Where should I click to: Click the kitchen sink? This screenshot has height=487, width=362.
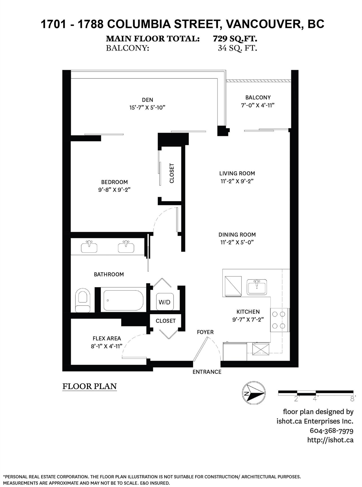point(257,287)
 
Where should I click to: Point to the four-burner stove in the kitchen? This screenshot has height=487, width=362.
point(279,320)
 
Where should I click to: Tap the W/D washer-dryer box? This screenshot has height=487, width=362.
point(164,302)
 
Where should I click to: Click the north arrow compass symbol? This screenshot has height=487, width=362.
point(254,393)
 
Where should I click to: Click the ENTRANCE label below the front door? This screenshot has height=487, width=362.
point(207,372)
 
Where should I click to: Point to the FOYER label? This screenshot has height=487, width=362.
point(205,332)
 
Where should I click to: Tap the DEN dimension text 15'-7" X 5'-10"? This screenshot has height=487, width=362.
point(147,107)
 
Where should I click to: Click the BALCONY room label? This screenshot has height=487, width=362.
point(258,98)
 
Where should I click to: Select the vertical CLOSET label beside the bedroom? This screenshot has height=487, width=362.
point(172,173)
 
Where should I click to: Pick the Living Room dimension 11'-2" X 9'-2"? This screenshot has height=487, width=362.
point(237,181)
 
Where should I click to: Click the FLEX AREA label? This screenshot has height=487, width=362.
point(107,338)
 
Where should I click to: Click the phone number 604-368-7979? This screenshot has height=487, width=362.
point(331,431)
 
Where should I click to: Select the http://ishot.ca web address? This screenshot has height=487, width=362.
point(330,440)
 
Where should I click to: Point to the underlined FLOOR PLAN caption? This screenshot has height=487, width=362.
point(89,386)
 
